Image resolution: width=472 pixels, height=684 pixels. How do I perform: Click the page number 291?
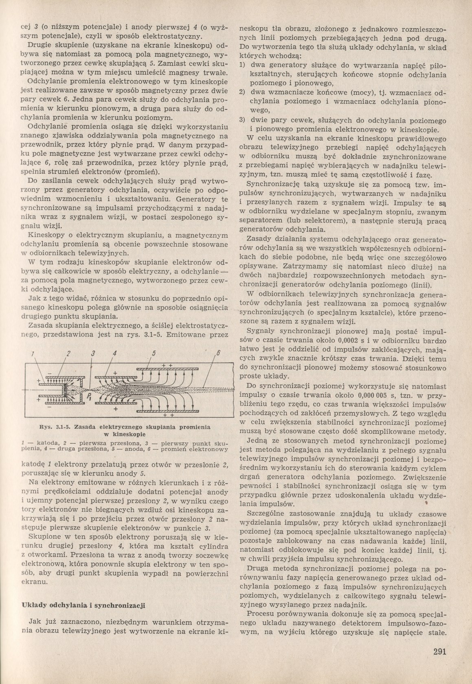coord(439,651)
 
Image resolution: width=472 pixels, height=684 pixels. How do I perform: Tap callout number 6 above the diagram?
coord(218,353)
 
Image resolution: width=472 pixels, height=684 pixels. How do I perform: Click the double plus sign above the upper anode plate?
coord(167,365)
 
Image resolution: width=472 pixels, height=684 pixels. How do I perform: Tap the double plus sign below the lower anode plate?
coord(167,416)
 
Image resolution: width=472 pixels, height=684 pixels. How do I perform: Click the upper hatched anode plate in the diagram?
coord(171,369)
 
